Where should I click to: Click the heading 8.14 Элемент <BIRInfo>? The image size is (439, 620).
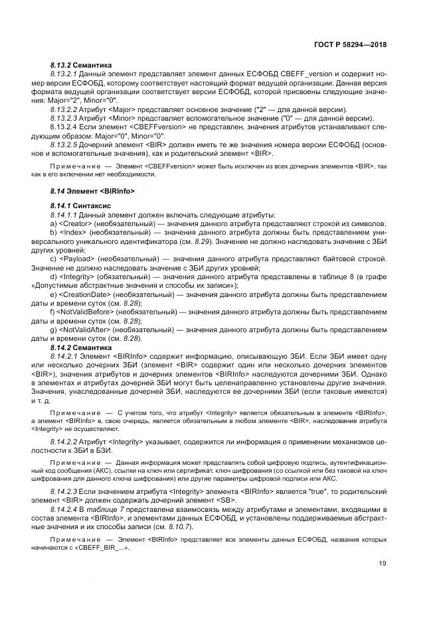(x=92, y=190)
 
